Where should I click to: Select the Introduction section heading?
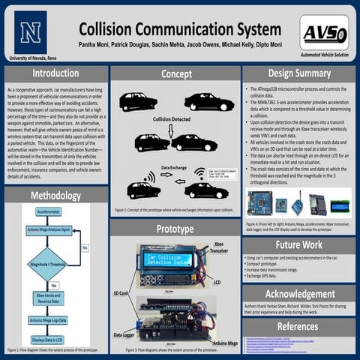(x=55, y=73)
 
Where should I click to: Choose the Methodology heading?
(x=55, y=196)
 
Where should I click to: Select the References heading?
(x=298, y=326)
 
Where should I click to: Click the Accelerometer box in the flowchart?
(x=48, y=212)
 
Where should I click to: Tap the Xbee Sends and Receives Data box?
(x=48, y=300)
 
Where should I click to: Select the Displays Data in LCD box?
(x=48, y=339)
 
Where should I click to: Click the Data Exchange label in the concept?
(x=175, y=168)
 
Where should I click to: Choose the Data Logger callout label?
(x=124, y=334)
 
